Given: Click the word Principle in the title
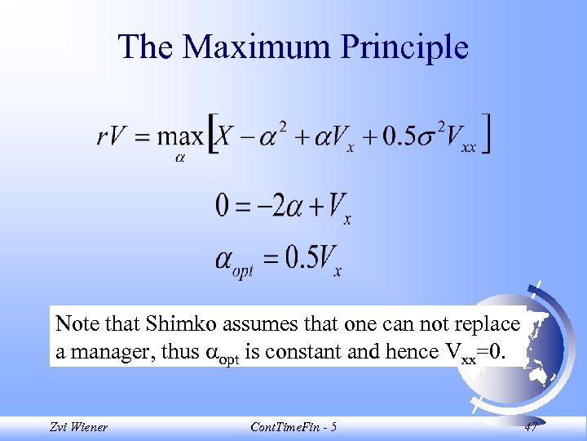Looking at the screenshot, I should pos(404,47).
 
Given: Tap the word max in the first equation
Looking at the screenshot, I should pos(180,136).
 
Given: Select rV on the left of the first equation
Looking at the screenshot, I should pos(113,136).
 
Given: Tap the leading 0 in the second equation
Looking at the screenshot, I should pos(223,204).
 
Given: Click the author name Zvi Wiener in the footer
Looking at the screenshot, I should pos(79,426).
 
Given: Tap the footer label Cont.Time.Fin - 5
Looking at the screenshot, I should pos(294,426).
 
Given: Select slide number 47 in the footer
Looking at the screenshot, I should pos(531,426).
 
